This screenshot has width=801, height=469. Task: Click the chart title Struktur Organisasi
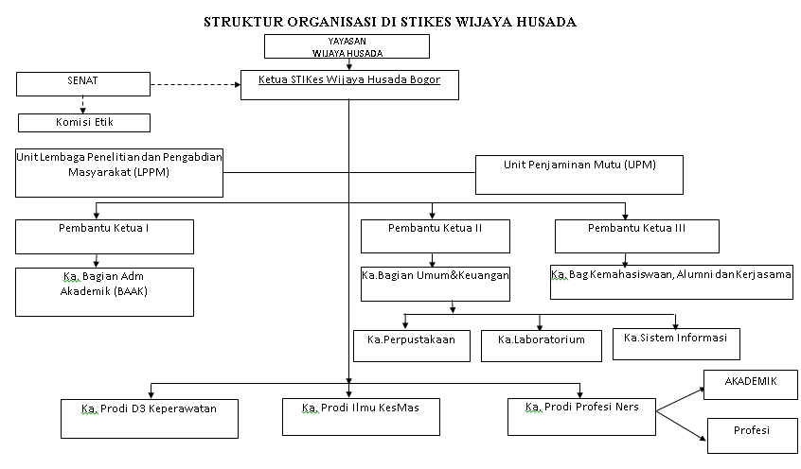pos(390,22)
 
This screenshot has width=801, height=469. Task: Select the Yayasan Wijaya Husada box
pos(347,47)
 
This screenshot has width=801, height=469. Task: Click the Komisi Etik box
pos(84,122)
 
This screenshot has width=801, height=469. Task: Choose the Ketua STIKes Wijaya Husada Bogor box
pos(349,85)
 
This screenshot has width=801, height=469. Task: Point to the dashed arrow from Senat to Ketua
pos(193,84)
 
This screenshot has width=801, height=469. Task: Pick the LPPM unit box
pos(119,172)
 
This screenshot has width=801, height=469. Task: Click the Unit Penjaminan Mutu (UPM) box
pos(578,174)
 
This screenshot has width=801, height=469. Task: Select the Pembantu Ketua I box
pos(104,236)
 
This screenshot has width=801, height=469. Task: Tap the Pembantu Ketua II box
pos(436,236)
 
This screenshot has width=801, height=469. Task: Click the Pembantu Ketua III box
pos(636,236)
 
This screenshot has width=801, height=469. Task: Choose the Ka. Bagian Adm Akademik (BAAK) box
pos(104,291)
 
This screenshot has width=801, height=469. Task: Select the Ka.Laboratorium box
pos(541,345)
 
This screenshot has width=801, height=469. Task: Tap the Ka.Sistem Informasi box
pos(676,343)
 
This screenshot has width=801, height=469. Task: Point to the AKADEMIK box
pos(751,388)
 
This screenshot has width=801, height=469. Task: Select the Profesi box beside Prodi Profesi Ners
pos(751,436)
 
